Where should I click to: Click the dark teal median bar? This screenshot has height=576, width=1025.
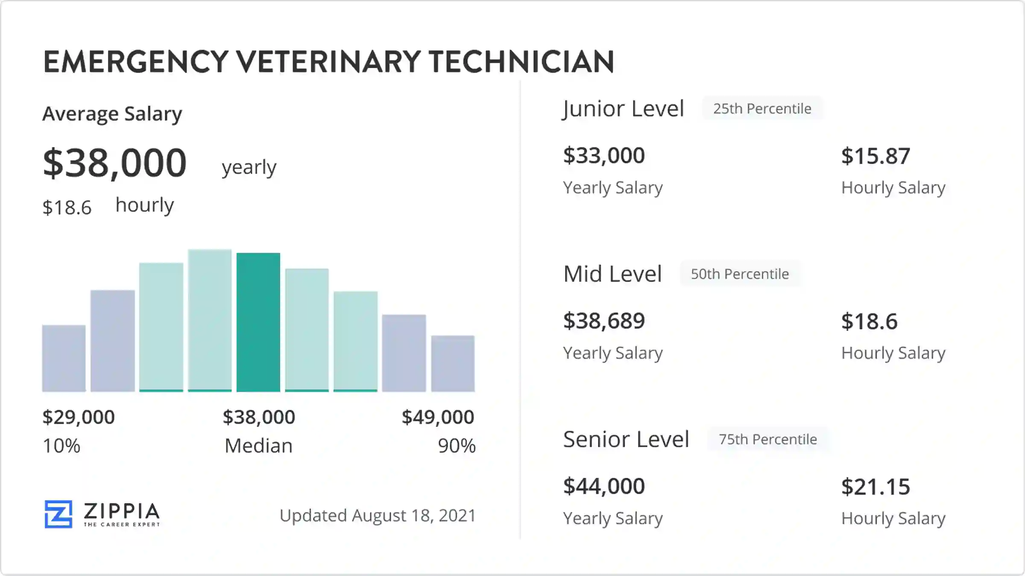(258, 322)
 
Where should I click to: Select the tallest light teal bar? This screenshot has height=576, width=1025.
(210, 320)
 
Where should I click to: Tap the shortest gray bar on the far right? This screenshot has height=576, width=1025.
(453, 364)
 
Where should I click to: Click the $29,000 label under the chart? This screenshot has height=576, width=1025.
(79, 417)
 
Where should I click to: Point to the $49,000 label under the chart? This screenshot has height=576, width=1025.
(438, 417)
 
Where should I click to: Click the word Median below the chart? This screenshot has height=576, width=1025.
(258, 446)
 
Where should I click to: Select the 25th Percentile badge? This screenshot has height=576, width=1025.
(762, 109)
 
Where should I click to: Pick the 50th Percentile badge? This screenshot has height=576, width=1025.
(740, 274)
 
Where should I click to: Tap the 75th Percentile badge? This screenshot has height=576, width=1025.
(767, 439)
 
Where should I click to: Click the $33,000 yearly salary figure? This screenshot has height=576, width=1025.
(603, 155)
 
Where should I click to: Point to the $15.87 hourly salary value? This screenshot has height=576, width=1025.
(876, 156)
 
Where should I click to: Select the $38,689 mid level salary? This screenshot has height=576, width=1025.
(603, 321)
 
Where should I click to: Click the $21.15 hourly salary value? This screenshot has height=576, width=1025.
(876, 487)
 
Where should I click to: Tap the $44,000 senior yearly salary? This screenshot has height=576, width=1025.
(603, 486)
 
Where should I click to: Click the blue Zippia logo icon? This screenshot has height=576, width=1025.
(59, 514)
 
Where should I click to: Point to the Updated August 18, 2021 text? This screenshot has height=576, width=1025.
(378, 515)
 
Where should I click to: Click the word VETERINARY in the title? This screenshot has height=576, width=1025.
(328, 62)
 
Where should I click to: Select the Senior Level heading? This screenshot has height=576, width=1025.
(626, 439)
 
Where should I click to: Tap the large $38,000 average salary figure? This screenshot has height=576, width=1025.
(114, 163)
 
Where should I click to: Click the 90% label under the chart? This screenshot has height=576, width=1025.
(456, 446)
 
